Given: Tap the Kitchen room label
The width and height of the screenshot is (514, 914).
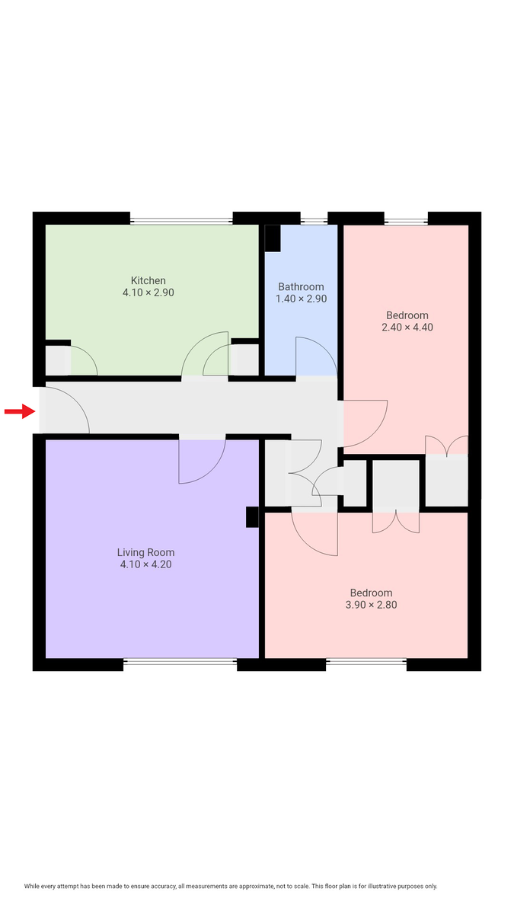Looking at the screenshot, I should coord(148,280).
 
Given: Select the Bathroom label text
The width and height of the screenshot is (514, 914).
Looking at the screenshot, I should coord(301,286).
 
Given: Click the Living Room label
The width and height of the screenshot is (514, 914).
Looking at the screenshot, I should coord(145,552).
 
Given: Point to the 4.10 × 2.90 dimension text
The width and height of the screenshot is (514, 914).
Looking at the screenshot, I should coord(148,292).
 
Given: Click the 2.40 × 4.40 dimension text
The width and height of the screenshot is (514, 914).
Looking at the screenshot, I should coord(407,327).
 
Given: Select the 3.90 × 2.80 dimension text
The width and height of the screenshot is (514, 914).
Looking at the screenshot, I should coord(371,606).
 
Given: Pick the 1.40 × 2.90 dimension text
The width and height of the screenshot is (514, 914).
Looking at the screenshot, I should coord(301,299).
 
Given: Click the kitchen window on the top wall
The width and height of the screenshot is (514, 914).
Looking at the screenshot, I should coord(181,222).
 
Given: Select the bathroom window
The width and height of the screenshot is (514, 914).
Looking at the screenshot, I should coord(314,222).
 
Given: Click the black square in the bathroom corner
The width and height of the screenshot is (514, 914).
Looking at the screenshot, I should coord(272,238).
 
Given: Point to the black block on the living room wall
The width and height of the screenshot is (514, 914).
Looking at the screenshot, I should coord(252,517).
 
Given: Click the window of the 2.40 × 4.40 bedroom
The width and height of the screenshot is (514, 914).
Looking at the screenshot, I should coord(406,222).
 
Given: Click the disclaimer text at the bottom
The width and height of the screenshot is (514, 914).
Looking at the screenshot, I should coord(231,886).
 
